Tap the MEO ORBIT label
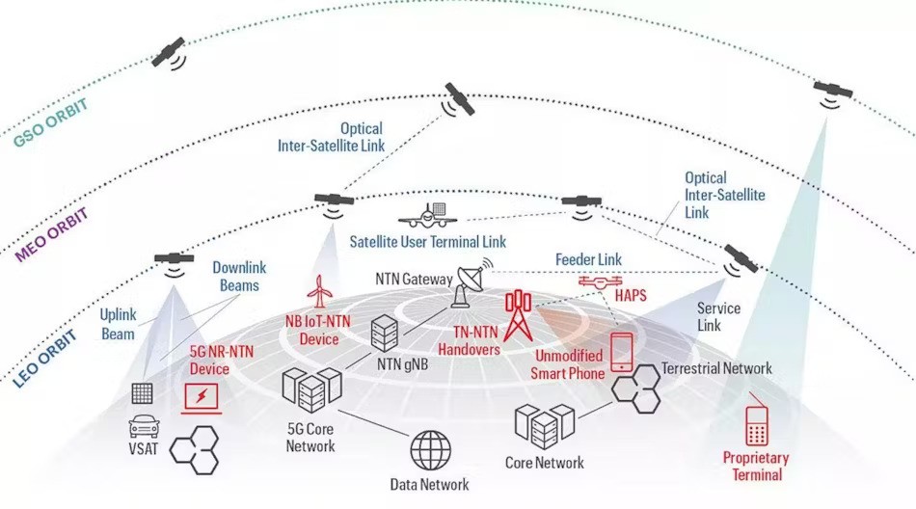coord(51,234)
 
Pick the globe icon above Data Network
coord(430,451)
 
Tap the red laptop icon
coord(202,396)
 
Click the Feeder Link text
coord(588,259)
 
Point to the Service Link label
coord(718,317)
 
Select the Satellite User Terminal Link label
coord(427,241)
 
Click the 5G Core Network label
coord(310,438)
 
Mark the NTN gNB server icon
coord(385,334)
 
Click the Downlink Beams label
coord(239,276)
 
